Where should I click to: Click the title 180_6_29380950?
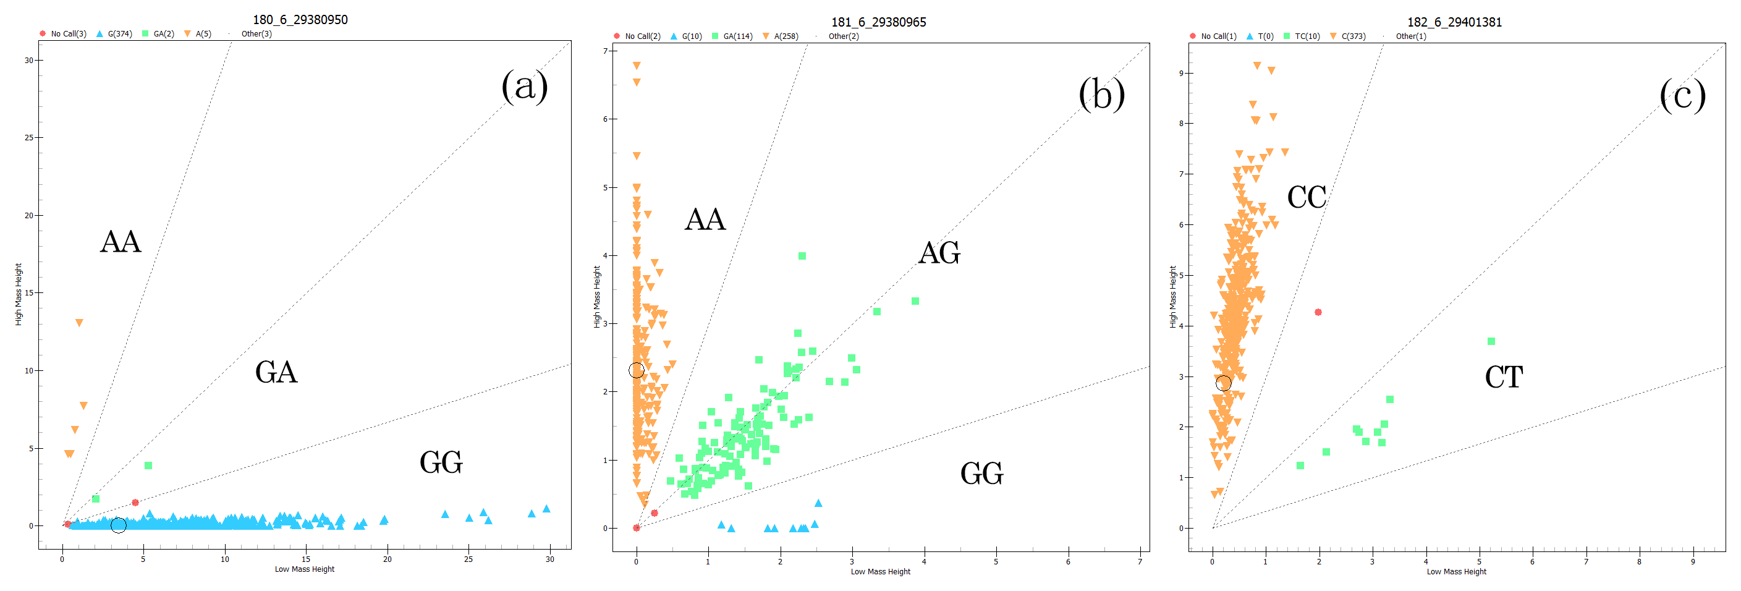click(x=300, y=20)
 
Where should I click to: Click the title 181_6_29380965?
click(x=878, y=22)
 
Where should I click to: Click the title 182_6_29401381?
click(x=1454, y=22)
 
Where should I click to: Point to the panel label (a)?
click(x=524, y=87)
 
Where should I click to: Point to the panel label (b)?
click(x=1101, y=94)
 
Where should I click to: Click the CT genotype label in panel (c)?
click(x=1503, y=376)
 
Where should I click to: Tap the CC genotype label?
click(x=1306, y=197)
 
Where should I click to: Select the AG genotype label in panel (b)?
click(x=939, y=252)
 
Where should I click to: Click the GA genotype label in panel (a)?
click(x=276, y=372)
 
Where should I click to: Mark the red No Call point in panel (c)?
click(x=1318, y=312)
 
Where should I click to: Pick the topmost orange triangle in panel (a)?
click(x=79, y=323)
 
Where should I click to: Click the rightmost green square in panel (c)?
click(x=1491, y=341)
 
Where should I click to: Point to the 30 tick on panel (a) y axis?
click(x=29, y=60)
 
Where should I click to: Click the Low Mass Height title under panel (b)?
click(x=880, y=572)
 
